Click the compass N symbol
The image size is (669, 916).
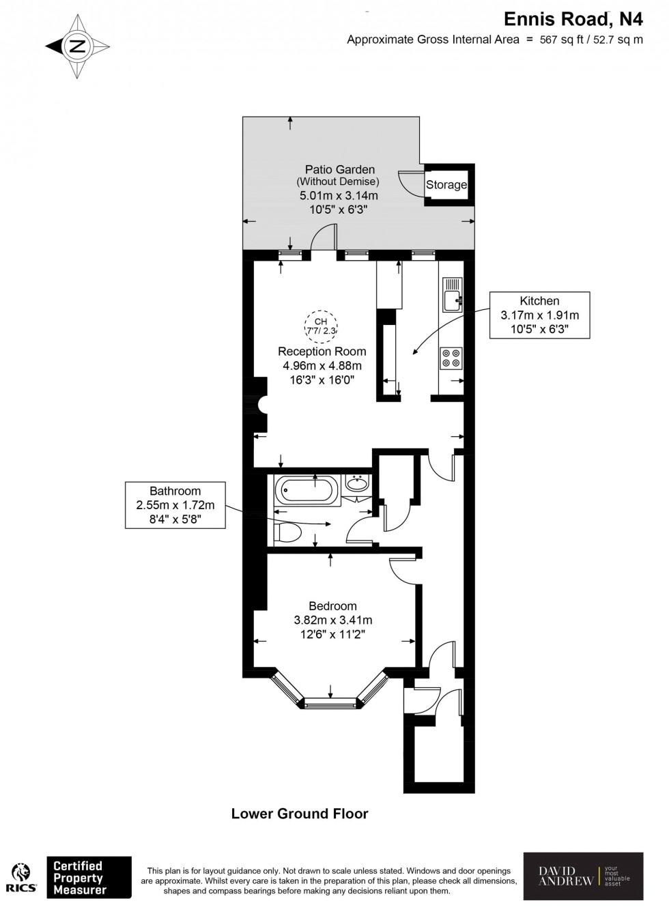pyautogui.click(x=77, y=46)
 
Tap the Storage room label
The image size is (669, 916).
pyautogui.click(x=446, y=184)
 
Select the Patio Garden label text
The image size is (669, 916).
pyautogui.click(x=339, y=169)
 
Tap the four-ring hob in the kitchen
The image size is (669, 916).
pyautogui.click(x=451, y=358)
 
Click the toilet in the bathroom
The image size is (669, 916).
pyautogui.click(x=286, y=532)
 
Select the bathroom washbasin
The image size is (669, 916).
pyautogui.click(x=356, y=484)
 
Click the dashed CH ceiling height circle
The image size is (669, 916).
pyautogui.click(x=321, y=326)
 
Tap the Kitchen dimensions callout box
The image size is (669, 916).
pyautogui.click(x=539, y=315)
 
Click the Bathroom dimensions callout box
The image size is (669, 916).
pyautogui.click(x=175, y=505)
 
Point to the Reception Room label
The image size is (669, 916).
pyautogui.click(x=322, y=352)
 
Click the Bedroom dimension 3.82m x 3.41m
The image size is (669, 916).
pyautogui.click(x=332, y=620)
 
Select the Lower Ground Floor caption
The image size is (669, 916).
pyautogui.click(x=300, y=814)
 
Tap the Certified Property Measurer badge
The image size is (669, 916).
pyautogui.click(x=88, y=877)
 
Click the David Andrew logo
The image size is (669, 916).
pyautogui.click(x=582, y=876)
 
